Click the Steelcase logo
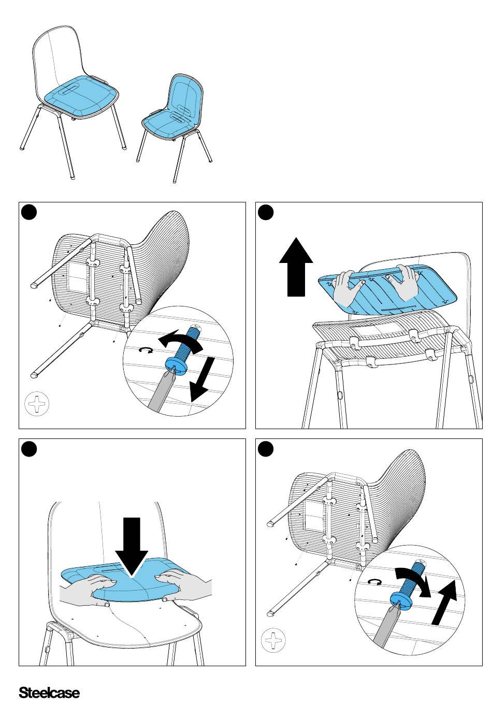pyautogui.click(x=49, y=693)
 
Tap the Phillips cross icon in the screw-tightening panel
pyautogui.click(x=273, y=641)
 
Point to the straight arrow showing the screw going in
pyautogui.click(x=444, y=603)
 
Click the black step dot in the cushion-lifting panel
pyautogui.click(x=266, y=213)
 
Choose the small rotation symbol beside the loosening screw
pyautogui.click(x=147, y=351)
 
